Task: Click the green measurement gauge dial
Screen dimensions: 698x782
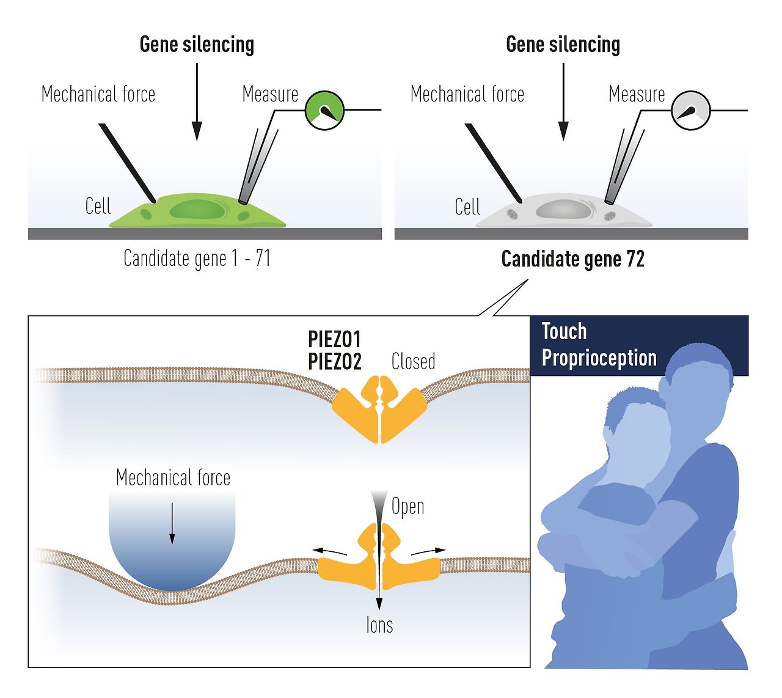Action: tap(324, 111)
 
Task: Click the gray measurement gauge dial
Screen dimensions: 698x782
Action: tap(690, 111)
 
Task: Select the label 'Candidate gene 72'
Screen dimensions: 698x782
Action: tap(572, 259)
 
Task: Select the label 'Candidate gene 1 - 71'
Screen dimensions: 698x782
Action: tap(197, 259)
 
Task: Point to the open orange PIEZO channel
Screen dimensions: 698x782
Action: tap(379, 559)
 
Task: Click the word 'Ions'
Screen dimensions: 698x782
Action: tap(379, 625)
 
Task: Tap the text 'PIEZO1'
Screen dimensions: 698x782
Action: tap(334, 339)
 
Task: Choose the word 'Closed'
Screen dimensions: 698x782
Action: tap(413, 361)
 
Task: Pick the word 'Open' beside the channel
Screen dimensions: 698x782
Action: tap(407, 507)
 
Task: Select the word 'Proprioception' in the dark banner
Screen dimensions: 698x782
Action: tap(599, 358)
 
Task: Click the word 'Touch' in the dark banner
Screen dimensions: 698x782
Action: tap(564, 331)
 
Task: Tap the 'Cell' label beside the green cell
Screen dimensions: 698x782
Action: tap(98, 206)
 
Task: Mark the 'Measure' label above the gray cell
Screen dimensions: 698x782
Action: tap(637, 94)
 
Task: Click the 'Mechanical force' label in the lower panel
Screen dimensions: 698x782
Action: tap(173, 477)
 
